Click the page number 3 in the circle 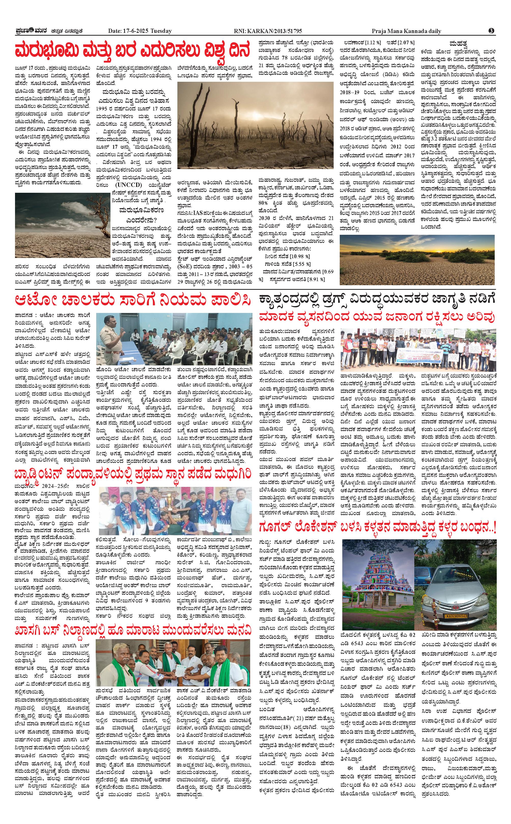(x=491, y=31)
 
